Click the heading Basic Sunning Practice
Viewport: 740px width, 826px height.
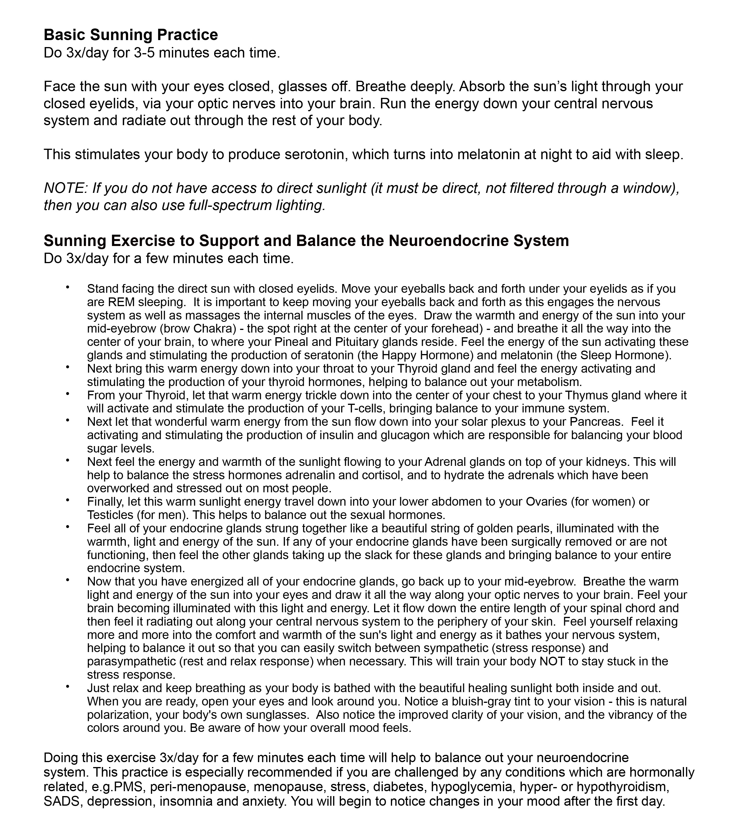(x=131, y=35)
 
